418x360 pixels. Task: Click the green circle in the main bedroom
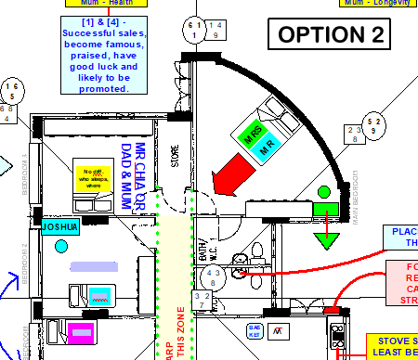(x=324, y=192)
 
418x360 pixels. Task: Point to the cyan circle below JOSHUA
(x=61, y=246)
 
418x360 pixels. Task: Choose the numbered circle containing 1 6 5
(x=12, y=91)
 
